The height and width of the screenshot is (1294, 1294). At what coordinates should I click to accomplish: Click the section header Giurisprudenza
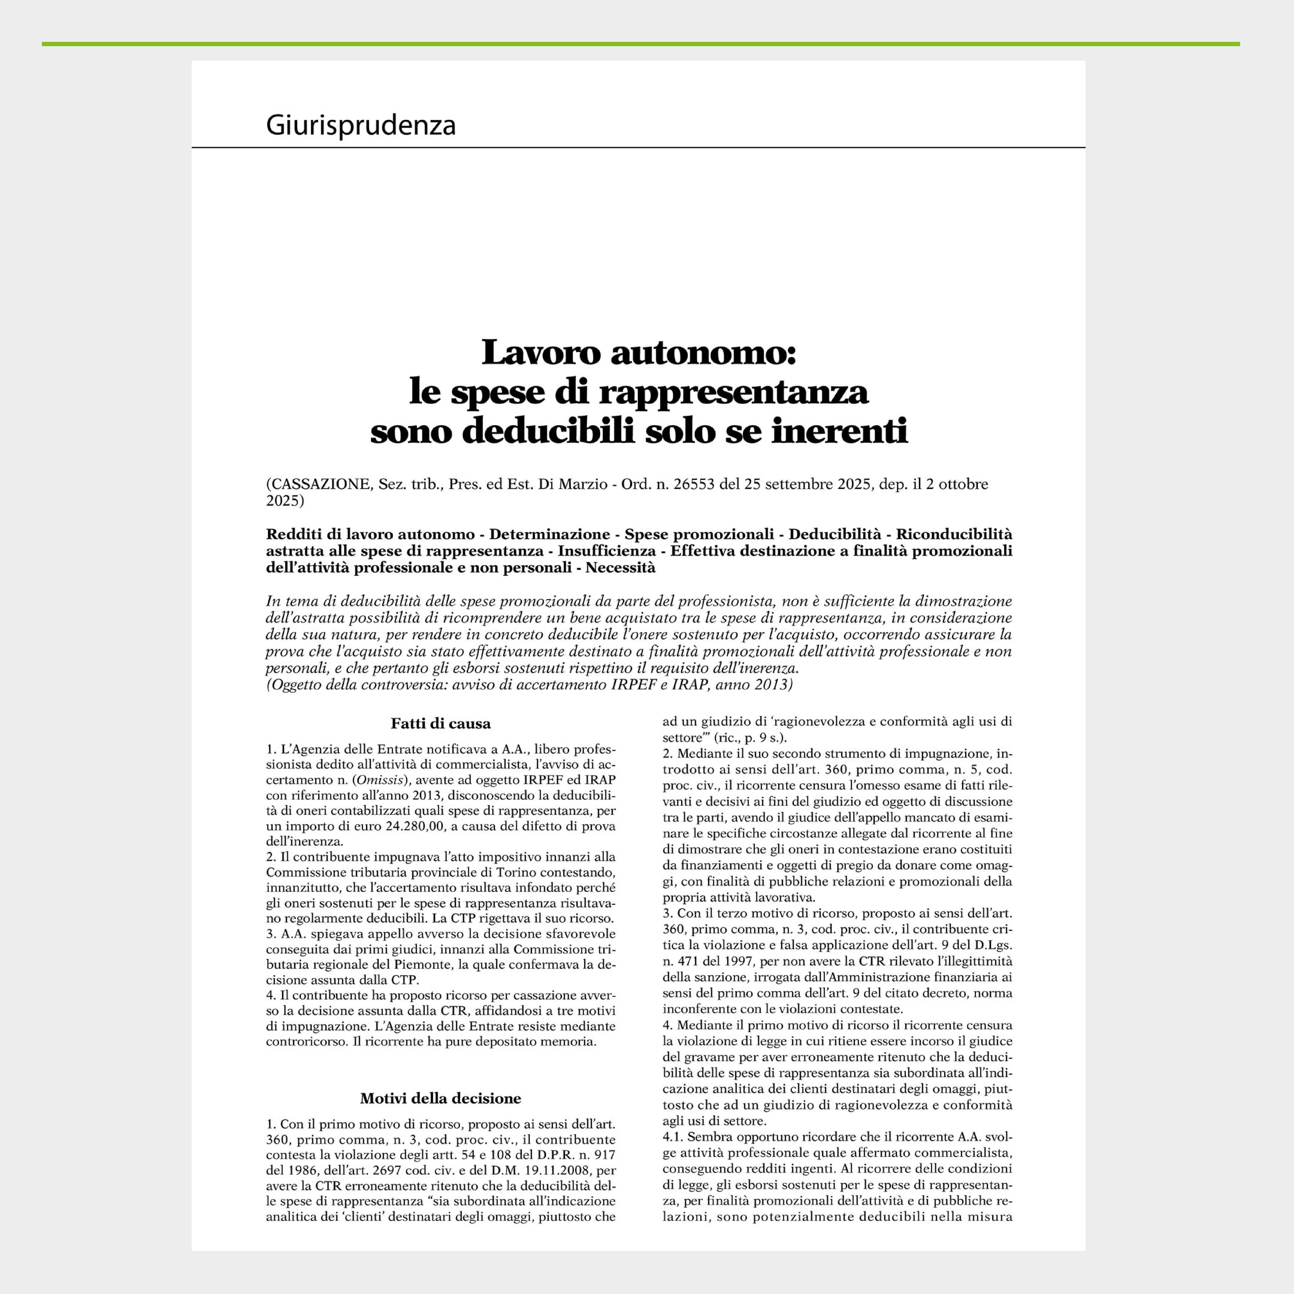(x=360, y=125)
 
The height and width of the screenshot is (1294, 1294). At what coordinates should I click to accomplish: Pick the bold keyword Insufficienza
(x=607, y=551)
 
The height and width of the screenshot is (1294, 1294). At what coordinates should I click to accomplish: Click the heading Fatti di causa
(x=441, y=723)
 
